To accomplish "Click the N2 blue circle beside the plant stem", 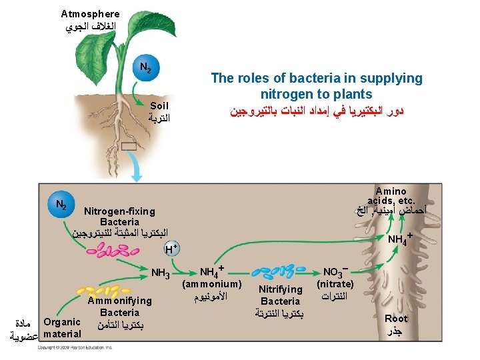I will point(146,67).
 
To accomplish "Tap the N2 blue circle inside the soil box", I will point(60,204).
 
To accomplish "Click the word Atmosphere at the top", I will point(91,14).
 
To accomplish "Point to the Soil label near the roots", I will point(159,106).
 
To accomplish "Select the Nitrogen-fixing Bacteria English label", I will point(119,217).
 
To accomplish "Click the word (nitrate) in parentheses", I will point(335,284).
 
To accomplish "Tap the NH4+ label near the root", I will point(401,238).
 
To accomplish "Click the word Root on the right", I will point(396,319).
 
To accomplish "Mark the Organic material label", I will point(62,327).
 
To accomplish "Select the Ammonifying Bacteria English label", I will point(120,306).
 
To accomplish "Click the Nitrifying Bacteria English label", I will point(281,295).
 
